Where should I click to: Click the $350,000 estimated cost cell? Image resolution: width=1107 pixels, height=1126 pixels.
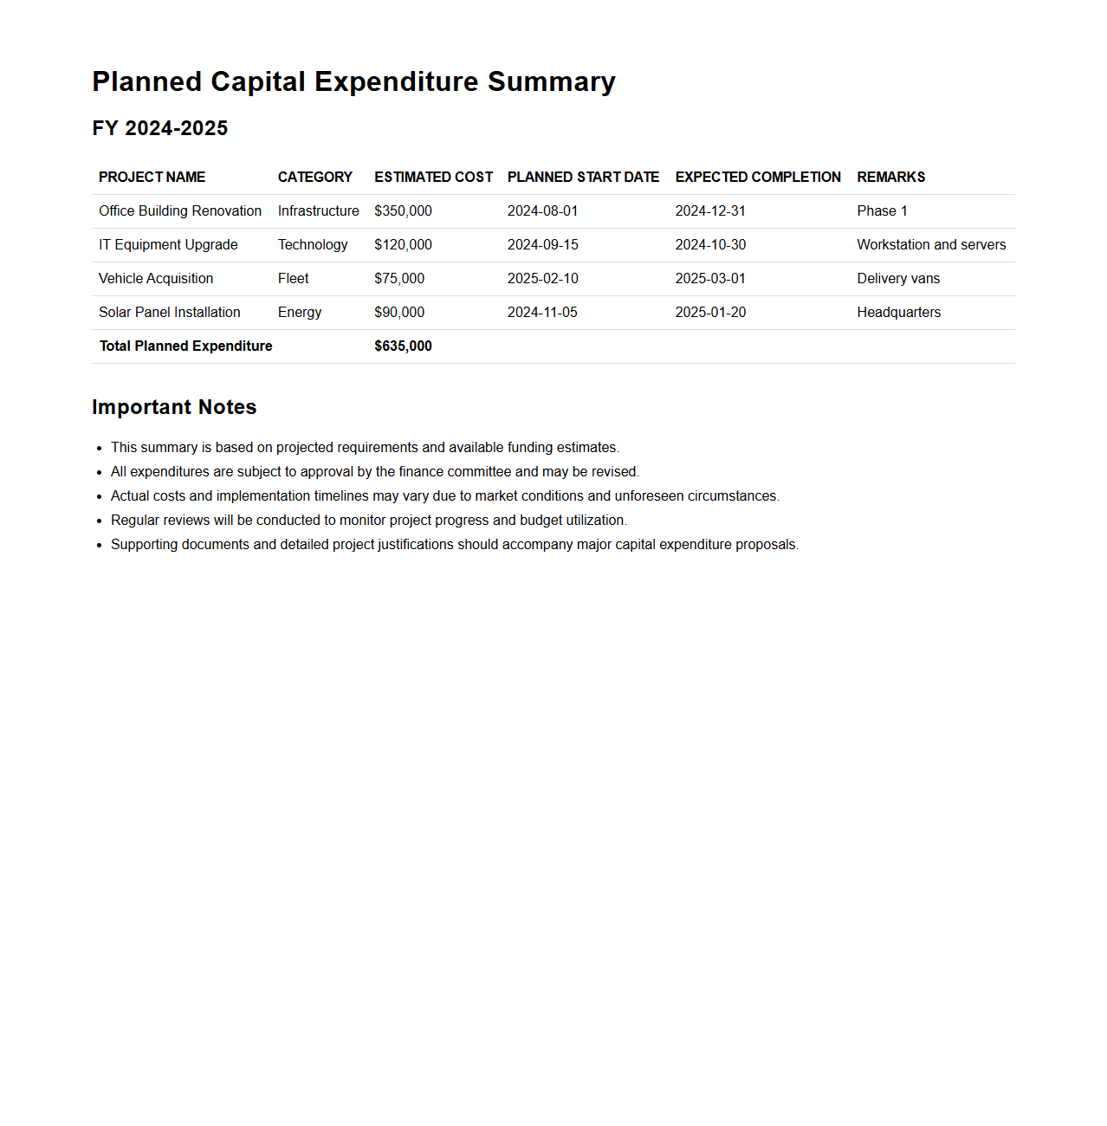pyautogui.click(x=403, y=211)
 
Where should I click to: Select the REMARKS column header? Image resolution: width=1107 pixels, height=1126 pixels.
pyautogui.click(x=890, y=178)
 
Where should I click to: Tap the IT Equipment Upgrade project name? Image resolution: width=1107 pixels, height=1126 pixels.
pyautogui.click(x=168, y=245)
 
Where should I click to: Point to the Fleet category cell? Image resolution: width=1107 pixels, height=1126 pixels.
pyautogui.click(x=293, y=279)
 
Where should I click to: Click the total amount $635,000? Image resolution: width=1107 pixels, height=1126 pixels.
pyautogui.click(x=403, y=346)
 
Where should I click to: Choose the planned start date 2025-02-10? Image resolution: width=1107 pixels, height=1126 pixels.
pyautogui.click(x=542, y=279)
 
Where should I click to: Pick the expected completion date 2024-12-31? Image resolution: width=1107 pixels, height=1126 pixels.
pyautogui.click(x=710, y=211)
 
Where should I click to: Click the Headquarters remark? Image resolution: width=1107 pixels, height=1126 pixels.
pyautogui.click(x=898, y=313)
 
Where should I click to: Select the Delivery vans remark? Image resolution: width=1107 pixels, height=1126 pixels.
pyautogui.click(x=898, y=279)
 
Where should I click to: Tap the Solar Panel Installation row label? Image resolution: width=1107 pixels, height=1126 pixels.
pyautogui.click(x=170, y=313)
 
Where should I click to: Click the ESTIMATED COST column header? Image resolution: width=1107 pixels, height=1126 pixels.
pyautogui.click(x=433, y=178)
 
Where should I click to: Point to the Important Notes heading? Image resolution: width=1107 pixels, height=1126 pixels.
pyautogui.click(x=174, y=407)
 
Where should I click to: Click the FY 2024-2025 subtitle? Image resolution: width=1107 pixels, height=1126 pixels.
pyautogui.click(x=160, y=128)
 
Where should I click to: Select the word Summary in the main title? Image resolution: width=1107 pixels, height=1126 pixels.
pyautogui.click(x=551, y=81)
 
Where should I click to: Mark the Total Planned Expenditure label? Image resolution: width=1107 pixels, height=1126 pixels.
pyautogui.click(x=185, y=346)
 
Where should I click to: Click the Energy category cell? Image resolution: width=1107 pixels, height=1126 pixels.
pyautogui.click(x=300, y=313)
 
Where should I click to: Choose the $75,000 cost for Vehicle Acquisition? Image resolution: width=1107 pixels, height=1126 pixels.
pyautogui.click(x=399, y=279)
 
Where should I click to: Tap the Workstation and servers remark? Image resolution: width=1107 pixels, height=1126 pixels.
pyautogui.click(x=931, y=245)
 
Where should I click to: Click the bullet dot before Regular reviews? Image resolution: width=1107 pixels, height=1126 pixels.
pyautogui.click(x=100, y=521)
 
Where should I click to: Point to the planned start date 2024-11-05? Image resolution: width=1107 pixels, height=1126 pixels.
pyautogui.click(x=542, y=313)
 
